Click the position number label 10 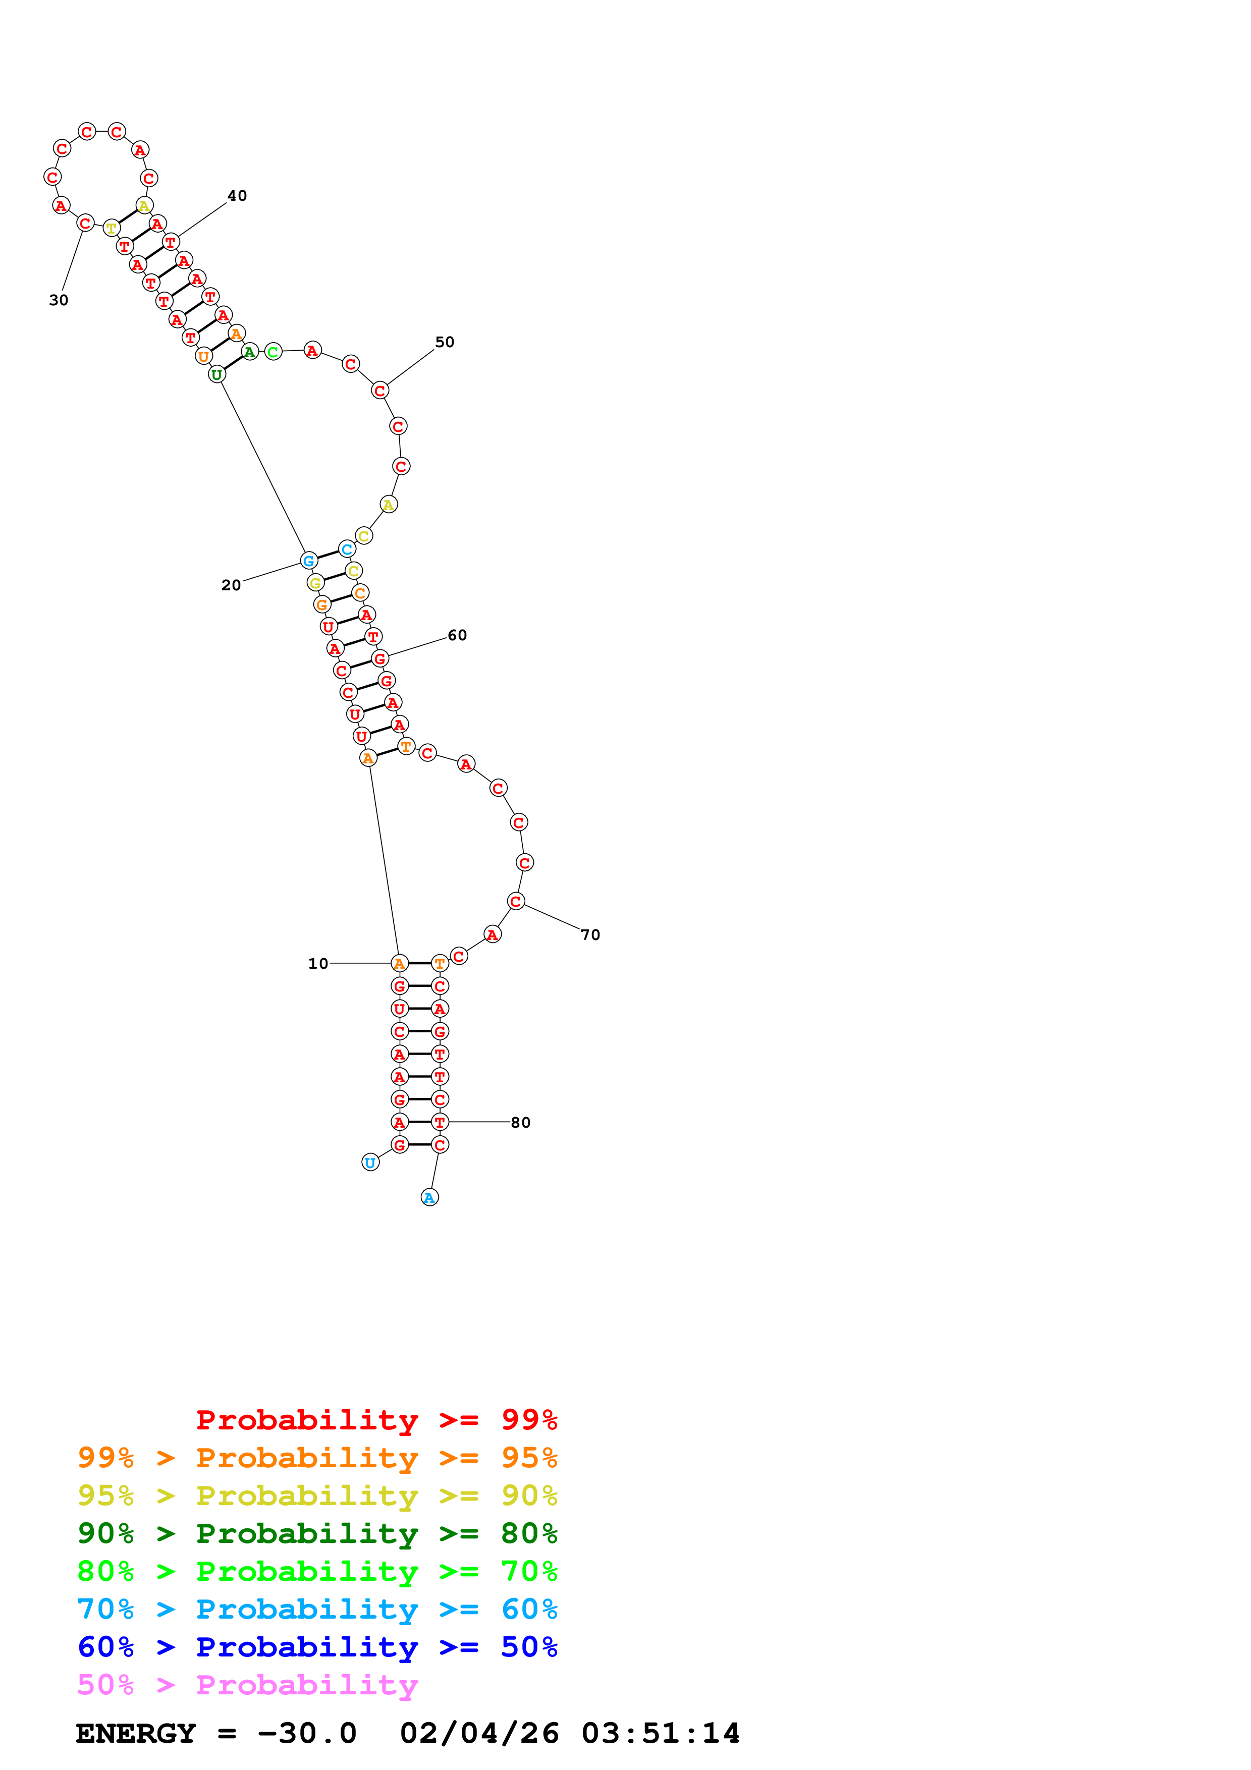click(x=317, y=964)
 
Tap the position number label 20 click(x=231, y=585)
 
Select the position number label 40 click(x=237, y=196)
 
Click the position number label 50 click(x=445, y=342)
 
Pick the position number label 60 click(x=457, y=635)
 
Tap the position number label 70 click(x=590, y=935)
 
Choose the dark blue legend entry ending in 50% click(x=317, y=1647)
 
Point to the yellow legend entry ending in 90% click(x=317, y=1496)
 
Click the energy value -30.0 click(x=307, y=1734)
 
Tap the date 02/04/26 click(x=479, y=1734)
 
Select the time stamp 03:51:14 click(x=661, y=1734)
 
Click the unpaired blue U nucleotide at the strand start click(x=370, y=1163)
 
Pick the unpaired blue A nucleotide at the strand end click(x=429, y=1197)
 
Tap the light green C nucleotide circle click(x=273, y=352)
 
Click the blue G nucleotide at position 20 click(x=308, y=561)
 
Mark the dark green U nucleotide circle click(x=216, y=375)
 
